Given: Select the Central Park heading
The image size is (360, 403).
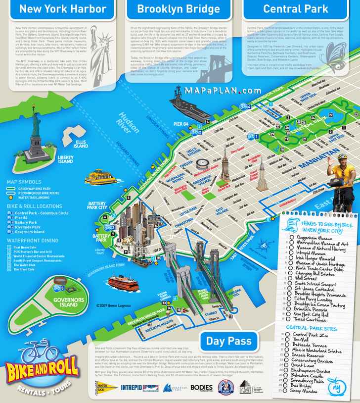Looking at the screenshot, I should coord(295,9).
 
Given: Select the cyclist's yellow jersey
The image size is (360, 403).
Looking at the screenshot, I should coord(342,171).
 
